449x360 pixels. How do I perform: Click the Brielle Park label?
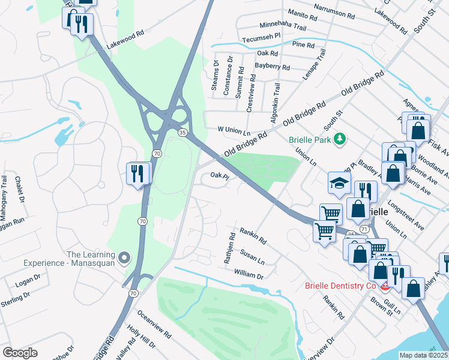click(x=309, y=139)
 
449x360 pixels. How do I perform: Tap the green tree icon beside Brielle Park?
click(x=340, y=139)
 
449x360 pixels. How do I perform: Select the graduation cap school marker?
click(x=339, y=183)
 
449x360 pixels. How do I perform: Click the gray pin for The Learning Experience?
click(x=124, y=258)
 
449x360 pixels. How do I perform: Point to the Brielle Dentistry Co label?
click(x=339, y=286)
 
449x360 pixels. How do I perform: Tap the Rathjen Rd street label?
click(x=229, y=248)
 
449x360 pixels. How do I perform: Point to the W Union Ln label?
click(x=234, y=130)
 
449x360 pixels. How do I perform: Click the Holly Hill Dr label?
click(x=141, y=337)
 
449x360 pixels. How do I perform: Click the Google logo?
click(x=20, y=352)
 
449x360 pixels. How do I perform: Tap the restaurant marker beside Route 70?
click(x=137, y=173)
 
